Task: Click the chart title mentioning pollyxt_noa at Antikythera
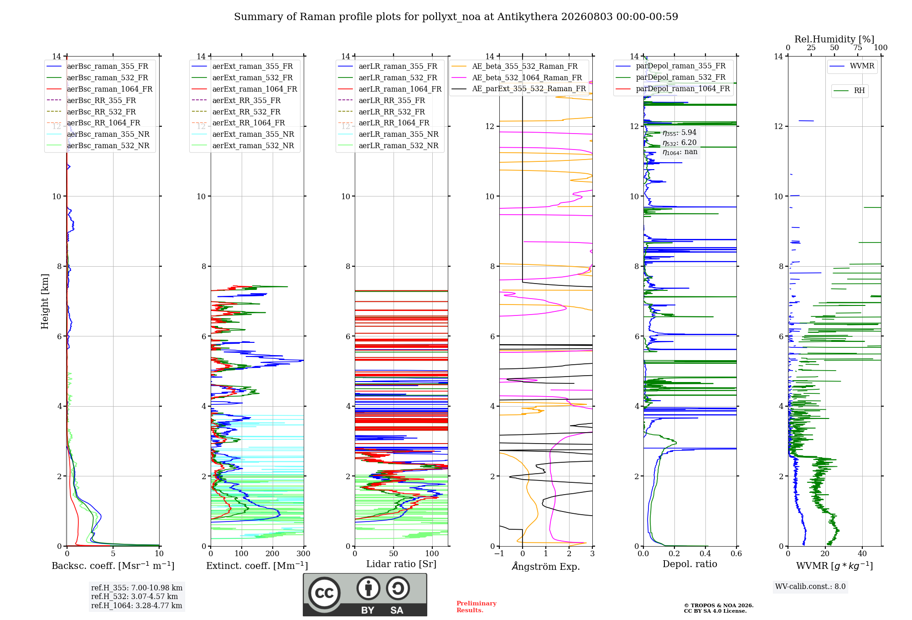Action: coord(456,17)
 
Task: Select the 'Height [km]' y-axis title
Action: coord(45,301)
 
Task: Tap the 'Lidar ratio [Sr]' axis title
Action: coord(401,564)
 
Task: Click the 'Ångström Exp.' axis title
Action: coord(546,566)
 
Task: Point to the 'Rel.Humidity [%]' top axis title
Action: coord(834,39)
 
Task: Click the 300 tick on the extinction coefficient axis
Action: coord(303,554)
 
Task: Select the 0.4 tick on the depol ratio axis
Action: coord(705,554)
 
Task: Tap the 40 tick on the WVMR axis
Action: coord(862,554)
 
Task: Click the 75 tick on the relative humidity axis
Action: coord(858,48)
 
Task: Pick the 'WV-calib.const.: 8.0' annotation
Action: coord(810,586)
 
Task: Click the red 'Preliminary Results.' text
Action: coord(477,607)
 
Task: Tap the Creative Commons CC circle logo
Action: coord(324,593)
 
